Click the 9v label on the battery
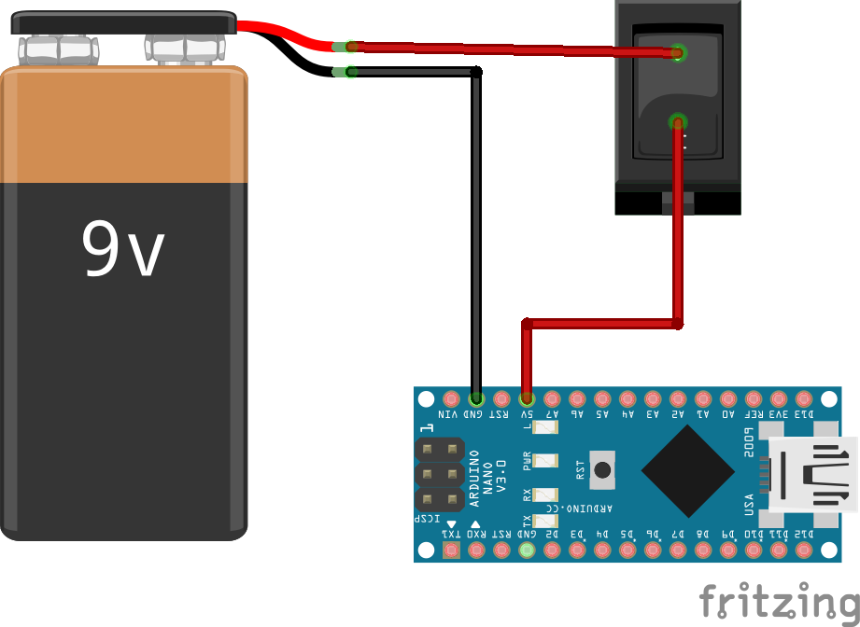(x=123, y=249)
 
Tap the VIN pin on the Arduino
(x=451, y=398)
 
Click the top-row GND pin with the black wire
(x=476, y=398)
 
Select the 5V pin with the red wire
(x=527, y=398)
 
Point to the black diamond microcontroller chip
(x=687, y=472)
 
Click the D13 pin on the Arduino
(x=804, y=398)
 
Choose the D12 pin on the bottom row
(x=804, y=550)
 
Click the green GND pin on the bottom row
(x=527, y=550)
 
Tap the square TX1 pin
(x=451, y=550)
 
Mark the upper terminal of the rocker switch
(x=679, y=52)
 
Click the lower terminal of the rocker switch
(x=679, y=121)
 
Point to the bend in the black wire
(x=476, y=73)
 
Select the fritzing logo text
(x=779, y=601)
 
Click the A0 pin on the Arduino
(x=728, y=398)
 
